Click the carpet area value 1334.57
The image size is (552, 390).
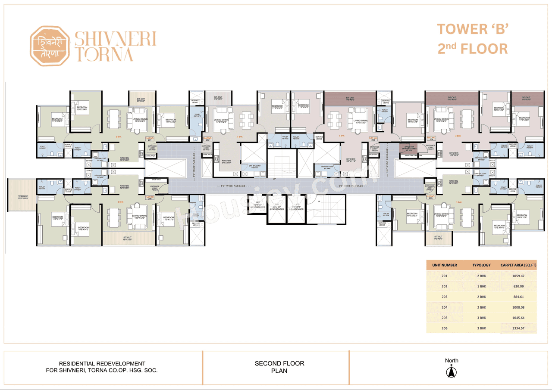coord(518,328)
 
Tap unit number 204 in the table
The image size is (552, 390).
coord(445,307)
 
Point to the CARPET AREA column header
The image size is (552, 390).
coord(518,265)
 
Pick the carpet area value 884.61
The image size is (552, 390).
coord(518,297)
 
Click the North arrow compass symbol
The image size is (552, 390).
coord(452,371)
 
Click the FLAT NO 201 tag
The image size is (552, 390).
coord(150,139)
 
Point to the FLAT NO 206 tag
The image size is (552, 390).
coord(150,198)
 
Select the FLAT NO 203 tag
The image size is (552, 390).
coord(373,139)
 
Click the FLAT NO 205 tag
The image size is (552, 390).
coord(430,198)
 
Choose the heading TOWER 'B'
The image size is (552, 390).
coord(473,30)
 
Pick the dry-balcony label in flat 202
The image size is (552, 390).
coord(256,167)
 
